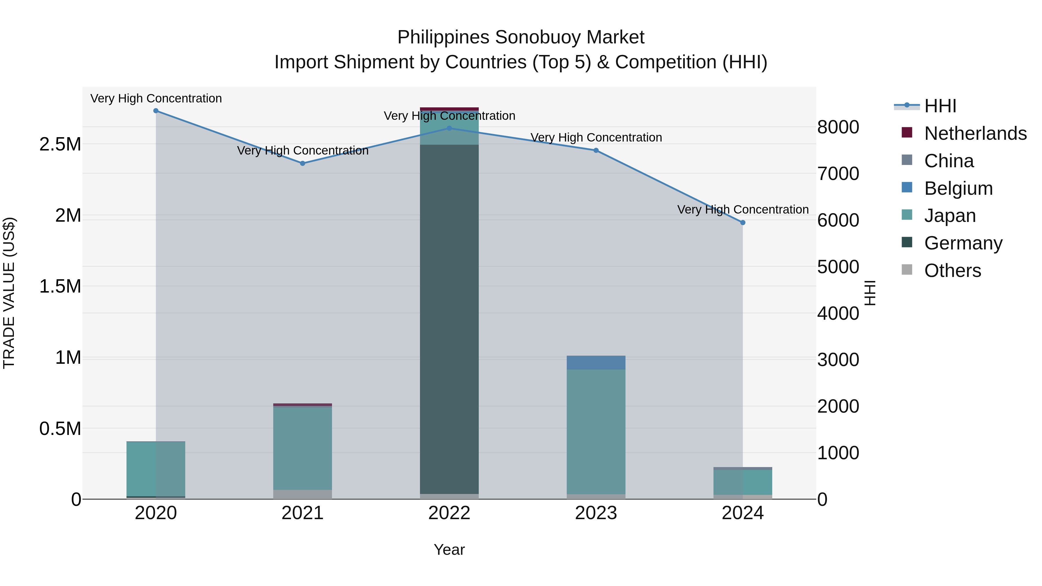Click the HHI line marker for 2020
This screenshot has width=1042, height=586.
156,111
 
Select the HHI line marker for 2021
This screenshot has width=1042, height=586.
302,164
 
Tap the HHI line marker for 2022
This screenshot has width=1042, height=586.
450,128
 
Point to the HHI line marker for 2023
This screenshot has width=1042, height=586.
596,150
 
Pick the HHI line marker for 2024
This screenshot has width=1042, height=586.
743,223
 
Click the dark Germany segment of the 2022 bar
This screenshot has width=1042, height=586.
450,319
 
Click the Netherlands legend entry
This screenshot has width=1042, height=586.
975,133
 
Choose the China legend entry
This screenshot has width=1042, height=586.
949,161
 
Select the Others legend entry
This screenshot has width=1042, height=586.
952,271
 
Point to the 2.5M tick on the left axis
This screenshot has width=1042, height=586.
60,144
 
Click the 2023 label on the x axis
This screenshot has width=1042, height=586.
596,513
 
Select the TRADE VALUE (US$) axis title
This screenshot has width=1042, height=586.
9,293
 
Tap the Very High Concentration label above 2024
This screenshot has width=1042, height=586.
743,210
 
